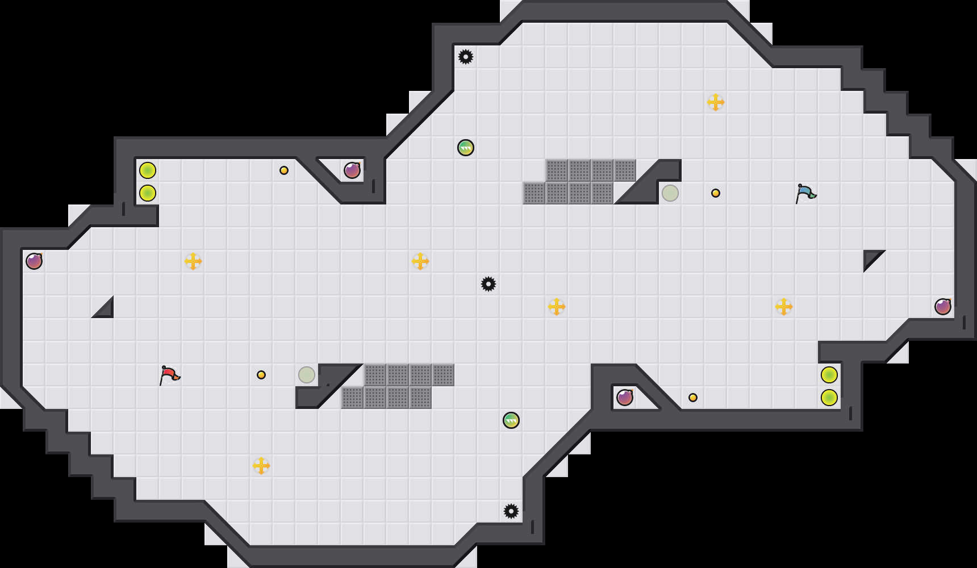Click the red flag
(x=169, y=374)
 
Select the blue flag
(x=805, y=193)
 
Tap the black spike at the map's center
(x=488, y=284)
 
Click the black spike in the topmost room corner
(x=466, y=57)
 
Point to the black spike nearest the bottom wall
(x=511, y=511)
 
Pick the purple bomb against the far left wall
(x=34, y=261)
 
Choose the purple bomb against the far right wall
(x=943, y=307)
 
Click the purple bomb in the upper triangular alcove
(x=352, y=170)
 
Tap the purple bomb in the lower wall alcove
(x=625, y=398)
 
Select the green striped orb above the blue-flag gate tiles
(x=466, y=148)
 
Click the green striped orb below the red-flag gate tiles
(x=511, y=420)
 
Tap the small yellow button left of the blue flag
(x=716, y=193)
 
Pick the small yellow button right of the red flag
(x=261, y=375)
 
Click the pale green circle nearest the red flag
(x=307, y=375)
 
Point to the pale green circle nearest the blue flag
(x=670, y=193)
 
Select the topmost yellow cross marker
(x=716, y=102)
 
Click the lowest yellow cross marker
(x=261, y=466)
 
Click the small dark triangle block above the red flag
(x=106, y=310)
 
